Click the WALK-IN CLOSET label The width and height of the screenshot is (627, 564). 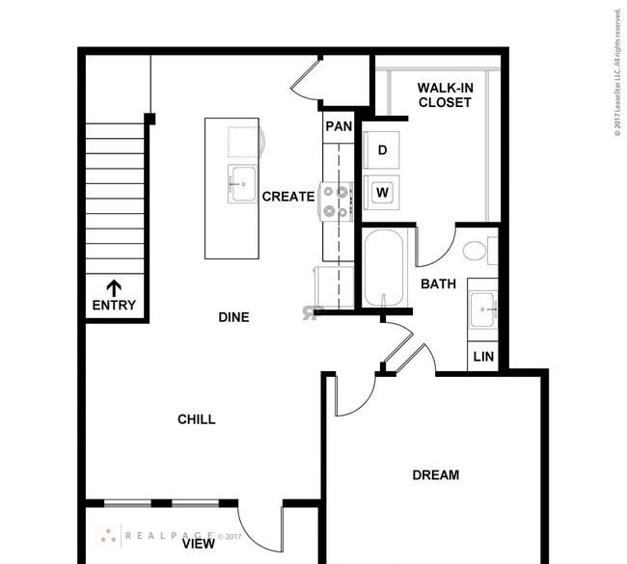pyautogui.click(x=445, y=95)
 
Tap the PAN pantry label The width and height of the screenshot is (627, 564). pyautogui.click(x=339, y=126)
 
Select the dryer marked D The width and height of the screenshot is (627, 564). pyautogui.click(x=381, y=149)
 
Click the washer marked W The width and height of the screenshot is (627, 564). pyautogui.click(x=381, y=193)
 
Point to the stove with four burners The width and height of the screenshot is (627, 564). pyautogui.click(x=336, y=201)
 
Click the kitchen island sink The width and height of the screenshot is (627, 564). pyautogui.click(x=242, y=184)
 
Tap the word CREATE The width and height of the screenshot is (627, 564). pyautogui.click(x=288, y=197)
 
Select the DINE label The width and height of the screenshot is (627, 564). pyautogui.click(x=234, y=317)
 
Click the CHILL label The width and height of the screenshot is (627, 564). pyautogui.click(x=197, y=419)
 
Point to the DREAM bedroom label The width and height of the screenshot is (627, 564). pyautogui.click(x=435, y=475)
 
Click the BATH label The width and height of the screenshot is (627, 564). pyautogui.click(x=438, y=283)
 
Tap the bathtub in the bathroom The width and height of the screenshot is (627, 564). pyautogui.click(x=384, y=268)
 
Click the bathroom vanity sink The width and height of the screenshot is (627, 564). pyautogui.click(x=482, y=309)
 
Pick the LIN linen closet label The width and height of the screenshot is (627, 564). pyautogui.click(x=483, y=357)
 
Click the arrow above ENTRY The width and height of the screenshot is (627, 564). pyautogui.click(x=114, y=288)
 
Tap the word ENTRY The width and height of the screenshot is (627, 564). pyautogui.click(x=114, y=306)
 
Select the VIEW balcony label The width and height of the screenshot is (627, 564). pyautogui.click(x=199, y=544)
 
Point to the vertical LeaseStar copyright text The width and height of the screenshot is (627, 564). pyautogui.click(x=617, y=72)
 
